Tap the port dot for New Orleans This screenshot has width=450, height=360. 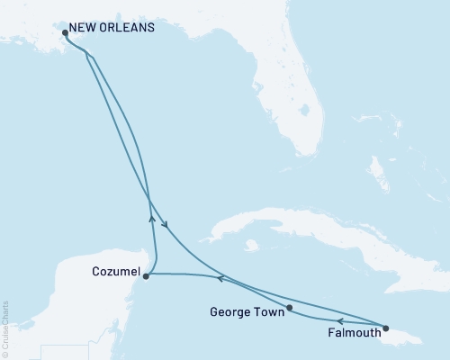pos(64,33)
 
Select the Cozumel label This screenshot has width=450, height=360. pos(115,270)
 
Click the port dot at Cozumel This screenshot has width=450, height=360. pos(146,276)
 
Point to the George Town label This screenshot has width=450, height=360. pos(247,315)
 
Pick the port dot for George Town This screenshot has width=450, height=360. pos(290,309)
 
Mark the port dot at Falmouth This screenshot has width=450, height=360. pos(386,328)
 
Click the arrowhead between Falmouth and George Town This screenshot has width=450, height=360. pos(339,319)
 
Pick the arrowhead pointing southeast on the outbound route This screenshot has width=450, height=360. pos(165,225)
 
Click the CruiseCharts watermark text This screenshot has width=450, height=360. pos(5,328)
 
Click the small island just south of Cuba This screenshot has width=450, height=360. pos(255,245)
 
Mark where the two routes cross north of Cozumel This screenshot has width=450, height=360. pos(148,201)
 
